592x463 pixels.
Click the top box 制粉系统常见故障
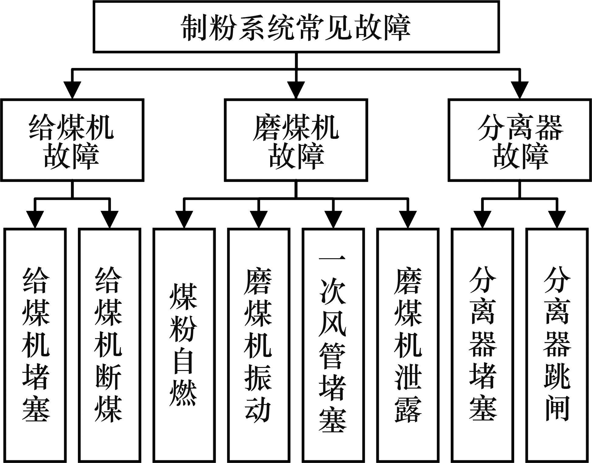click(296, 27)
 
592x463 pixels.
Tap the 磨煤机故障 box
click(296, 140)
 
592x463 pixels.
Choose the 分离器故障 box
click(520, 140)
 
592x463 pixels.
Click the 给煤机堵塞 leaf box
click(35, 345)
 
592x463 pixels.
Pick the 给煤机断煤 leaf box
click(109, 345)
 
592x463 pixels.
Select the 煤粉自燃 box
click(184, 345)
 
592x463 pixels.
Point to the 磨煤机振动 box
click(258, 345)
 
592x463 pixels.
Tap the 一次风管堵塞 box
click(333, 345)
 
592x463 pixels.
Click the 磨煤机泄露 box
click(408, 345)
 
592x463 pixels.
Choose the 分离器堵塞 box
click(482, 345)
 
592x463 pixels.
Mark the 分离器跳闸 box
click(557, 345)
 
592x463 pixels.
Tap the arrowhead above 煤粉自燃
click(184, 219)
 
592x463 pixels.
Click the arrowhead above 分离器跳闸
click(557, 219)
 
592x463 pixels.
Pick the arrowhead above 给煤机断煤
click(109, 219)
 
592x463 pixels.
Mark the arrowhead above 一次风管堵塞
click(333, 219)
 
